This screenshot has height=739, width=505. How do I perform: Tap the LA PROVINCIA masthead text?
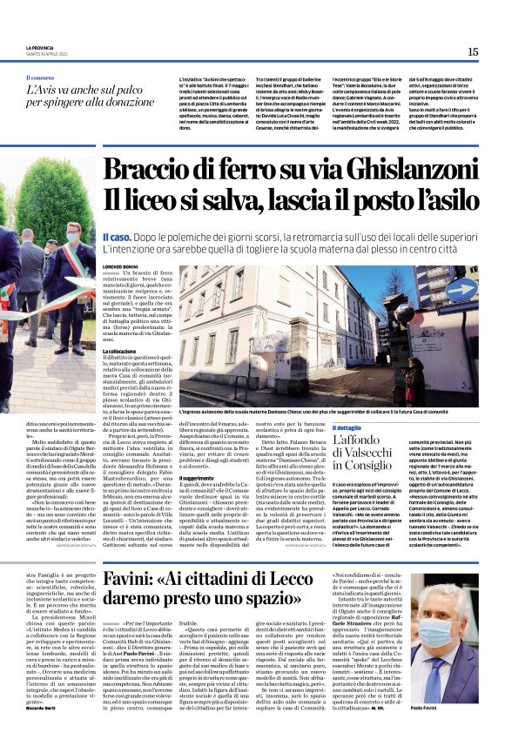40,49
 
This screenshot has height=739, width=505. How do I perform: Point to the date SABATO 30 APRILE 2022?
47,55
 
